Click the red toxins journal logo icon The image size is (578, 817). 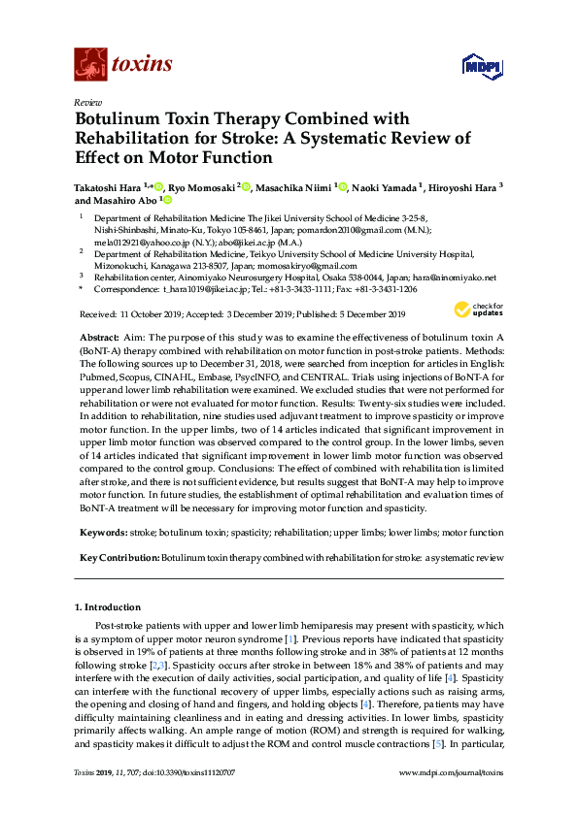pos(90,65)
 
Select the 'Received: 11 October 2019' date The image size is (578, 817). pos(132,314)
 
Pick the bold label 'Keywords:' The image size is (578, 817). pos(103,533)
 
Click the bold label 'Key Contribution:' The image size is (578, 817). pos(119,559)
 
